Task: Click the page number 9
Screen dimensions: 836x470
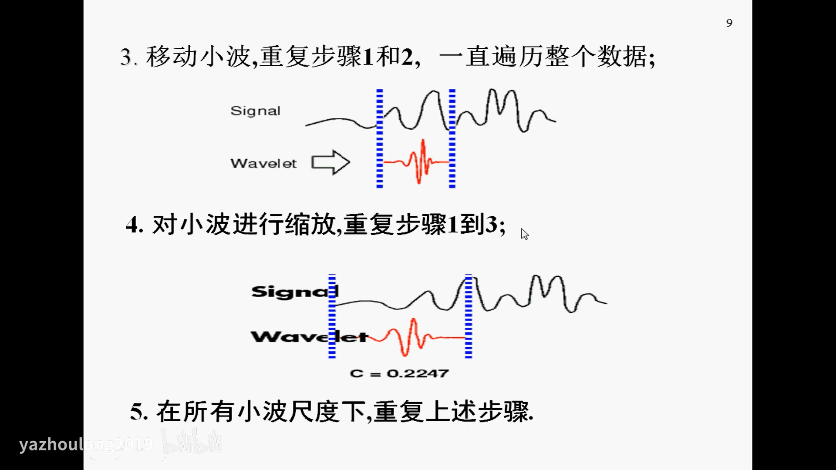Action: coord(729,23)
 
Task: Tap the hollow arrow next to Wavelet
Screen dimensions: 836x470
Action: coord(330,163)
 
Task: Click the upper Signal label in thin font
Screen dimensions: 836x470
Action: coord(255,111)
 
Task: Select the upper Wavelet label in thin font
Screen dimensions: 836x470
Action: coord(263,164)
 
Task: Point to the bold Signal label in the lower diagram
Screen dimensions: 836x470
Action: coord(294,292)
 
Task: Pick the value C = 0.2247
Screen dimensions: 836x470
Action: coord(399,373)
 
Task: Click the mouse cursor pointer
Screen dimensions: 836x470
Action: coord(524,234)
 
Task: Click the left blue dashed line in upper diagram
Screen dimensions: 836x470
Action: coord(380,138)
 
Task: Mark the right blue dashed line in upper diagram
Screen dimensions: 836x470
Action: coord(452,138)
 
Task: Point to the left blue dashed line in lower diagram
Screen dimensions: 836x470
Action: coord(332,316)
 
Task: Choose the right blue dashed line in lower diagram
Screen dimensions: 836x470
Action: coord(469,316)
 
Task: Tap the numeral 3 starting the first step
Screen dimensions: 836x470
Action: coord(126,57)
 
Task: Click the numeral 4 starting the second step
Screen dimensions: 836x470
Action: coord(132,225)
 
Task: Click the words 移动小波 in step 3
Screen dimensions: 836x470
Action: coord(198,57)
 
